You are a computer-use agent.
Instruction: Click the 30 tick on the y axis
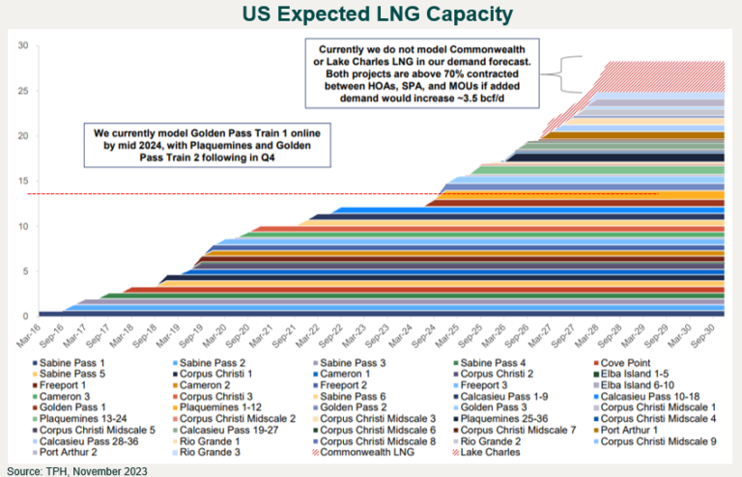[x=25, y=44]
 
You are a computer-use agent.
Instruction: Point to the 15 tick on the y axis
[x=25, y=181]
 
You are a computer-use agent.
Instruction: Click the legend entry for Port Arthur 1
[x=638, y=428]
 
